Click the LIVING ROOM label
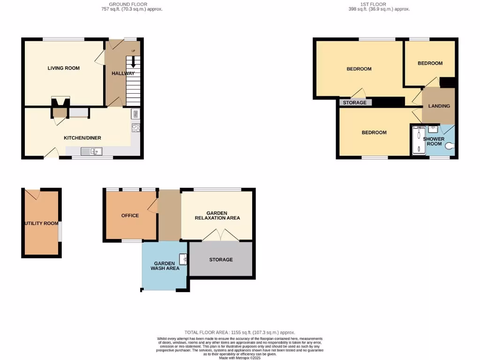click(64, 68)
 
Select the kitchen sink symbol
click(91, 151)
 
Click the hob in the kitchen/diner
click(135, 127)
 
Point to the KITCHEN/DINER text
click(82, 138)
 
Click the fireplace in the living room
click(60, 102)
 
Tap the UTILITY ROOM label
click(41, 224)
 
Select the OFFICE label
click(130, 216)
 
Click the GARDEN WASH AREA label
click(165, 266)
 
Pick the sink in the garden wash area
click(185, 259)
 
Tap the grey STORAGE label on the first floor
click(355, 103)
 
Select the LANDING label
click(439, 106)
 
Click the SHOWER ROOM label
click(434, 141)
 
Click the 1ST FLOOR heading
click(373, 5)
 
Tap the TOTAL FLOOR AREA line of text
click(239, 332)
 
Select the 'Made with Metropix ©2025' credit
click(240, 358)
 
